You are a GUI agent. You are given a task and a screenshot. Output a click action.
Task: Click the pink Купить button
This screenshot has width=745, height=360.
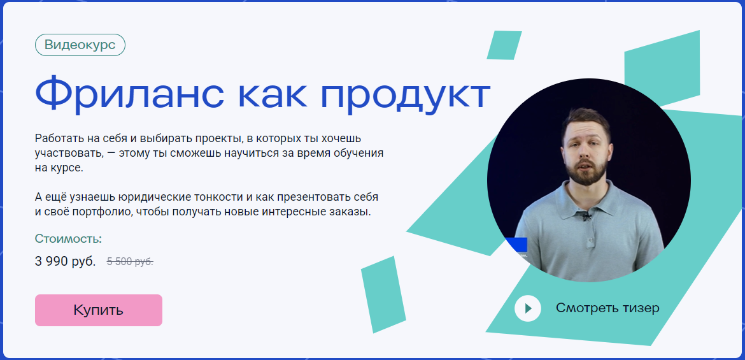coord(99,310)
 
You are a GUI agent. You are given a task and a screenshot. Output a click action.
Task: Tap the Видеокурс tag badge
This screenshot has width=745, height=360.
coord(80,45)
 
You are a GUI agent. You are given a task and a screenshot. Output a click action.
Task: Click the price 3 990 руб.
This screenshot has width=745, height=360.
coord(66,261)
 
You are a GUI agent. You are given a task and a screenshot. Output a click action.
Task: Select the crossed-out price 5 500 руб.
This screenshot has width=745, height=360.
coord(130,261)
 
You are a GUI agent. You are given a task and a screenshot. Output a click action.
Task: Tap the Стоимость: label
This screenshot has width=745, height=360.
coord(69,240)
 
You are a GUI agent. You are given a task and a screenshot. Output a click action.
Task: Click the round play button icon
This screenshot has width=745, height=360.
coord(528,308)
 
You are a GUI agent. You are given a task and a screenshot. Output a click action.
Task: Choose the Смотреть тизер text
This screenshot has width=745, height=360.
coord(607,308)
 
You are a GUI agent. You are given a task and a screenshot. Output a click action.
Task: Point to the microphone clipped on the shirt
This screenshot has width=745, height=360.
coord(586,217)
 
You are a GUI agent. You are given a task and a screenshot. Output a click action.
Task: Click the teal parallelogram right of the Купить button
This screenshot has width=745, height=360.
coord(383,294)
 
